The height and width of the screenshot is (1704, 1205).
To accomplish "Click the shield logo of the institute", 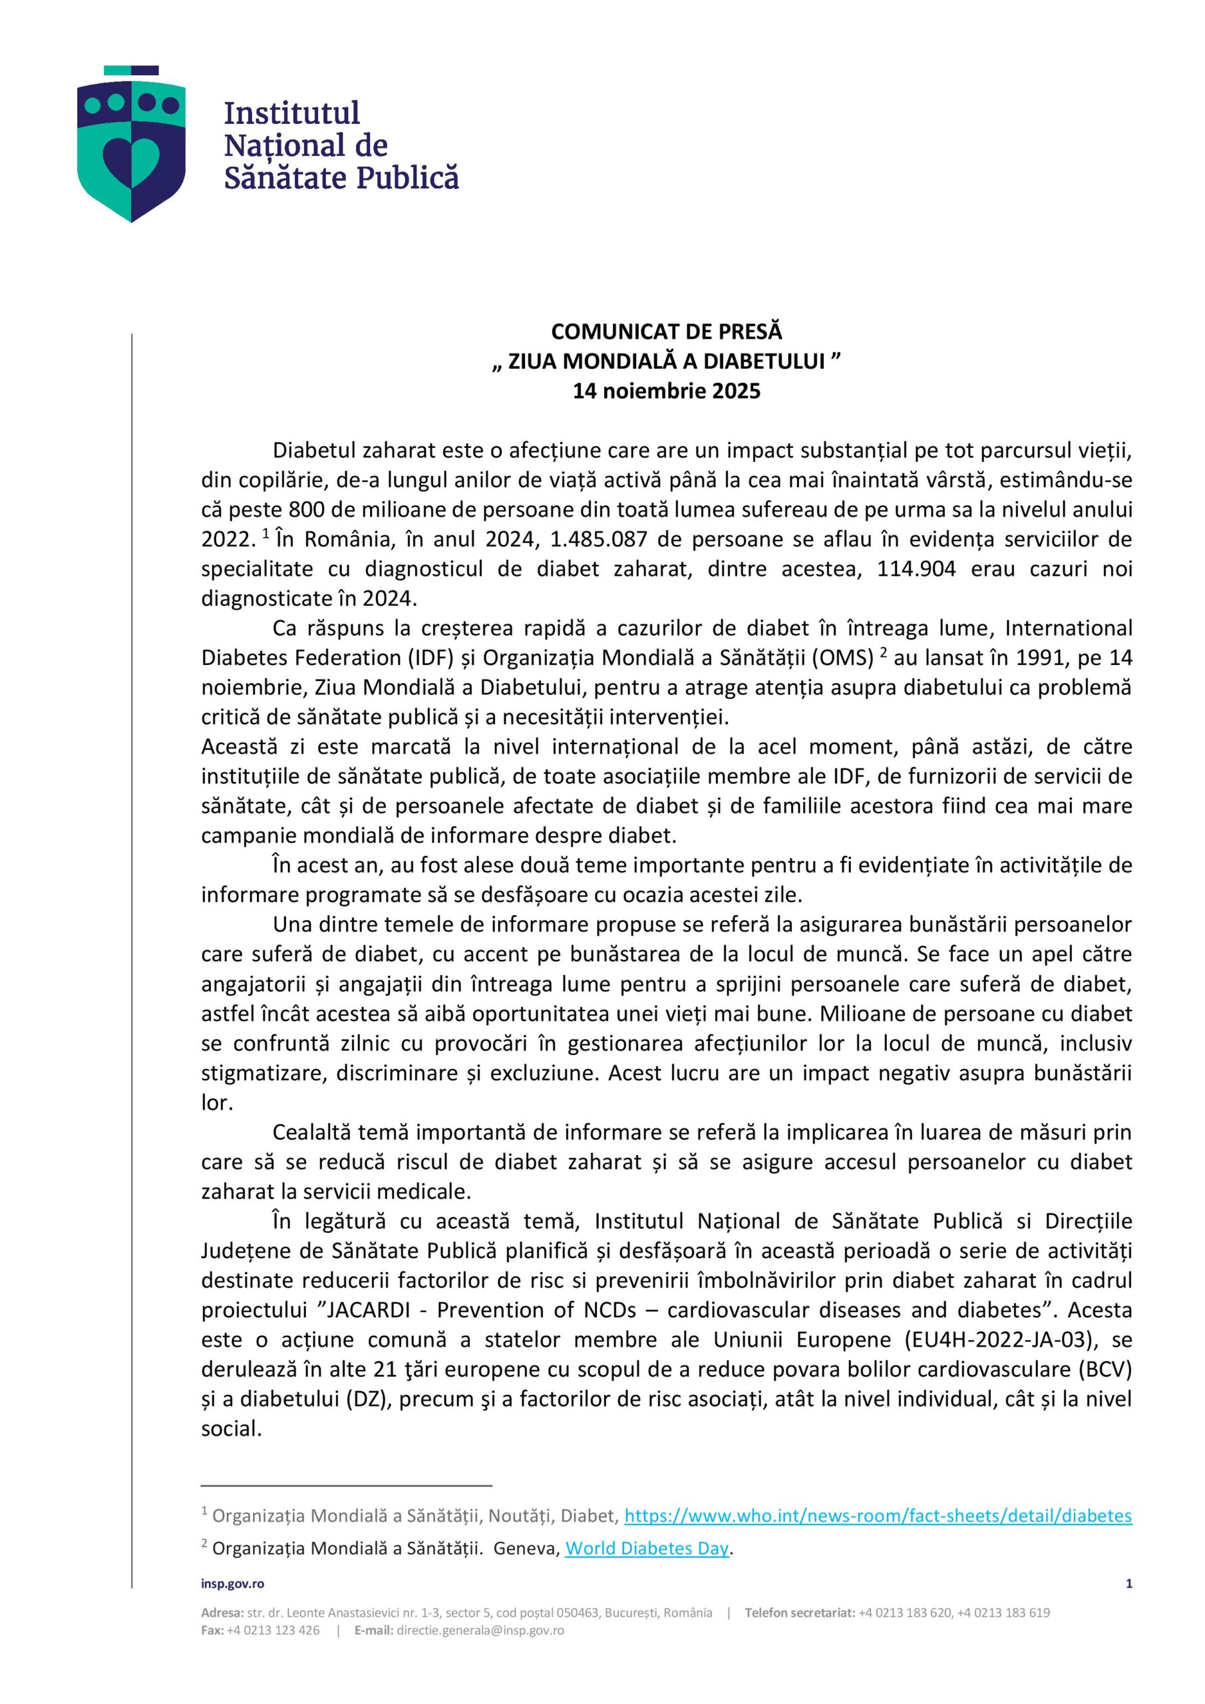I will (131, 144).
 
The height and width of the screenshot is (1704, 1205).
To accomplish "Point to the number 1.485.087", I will (603, 540).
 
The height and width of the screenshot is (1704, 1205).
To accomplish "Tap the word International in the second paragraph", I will (1069, 628).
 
